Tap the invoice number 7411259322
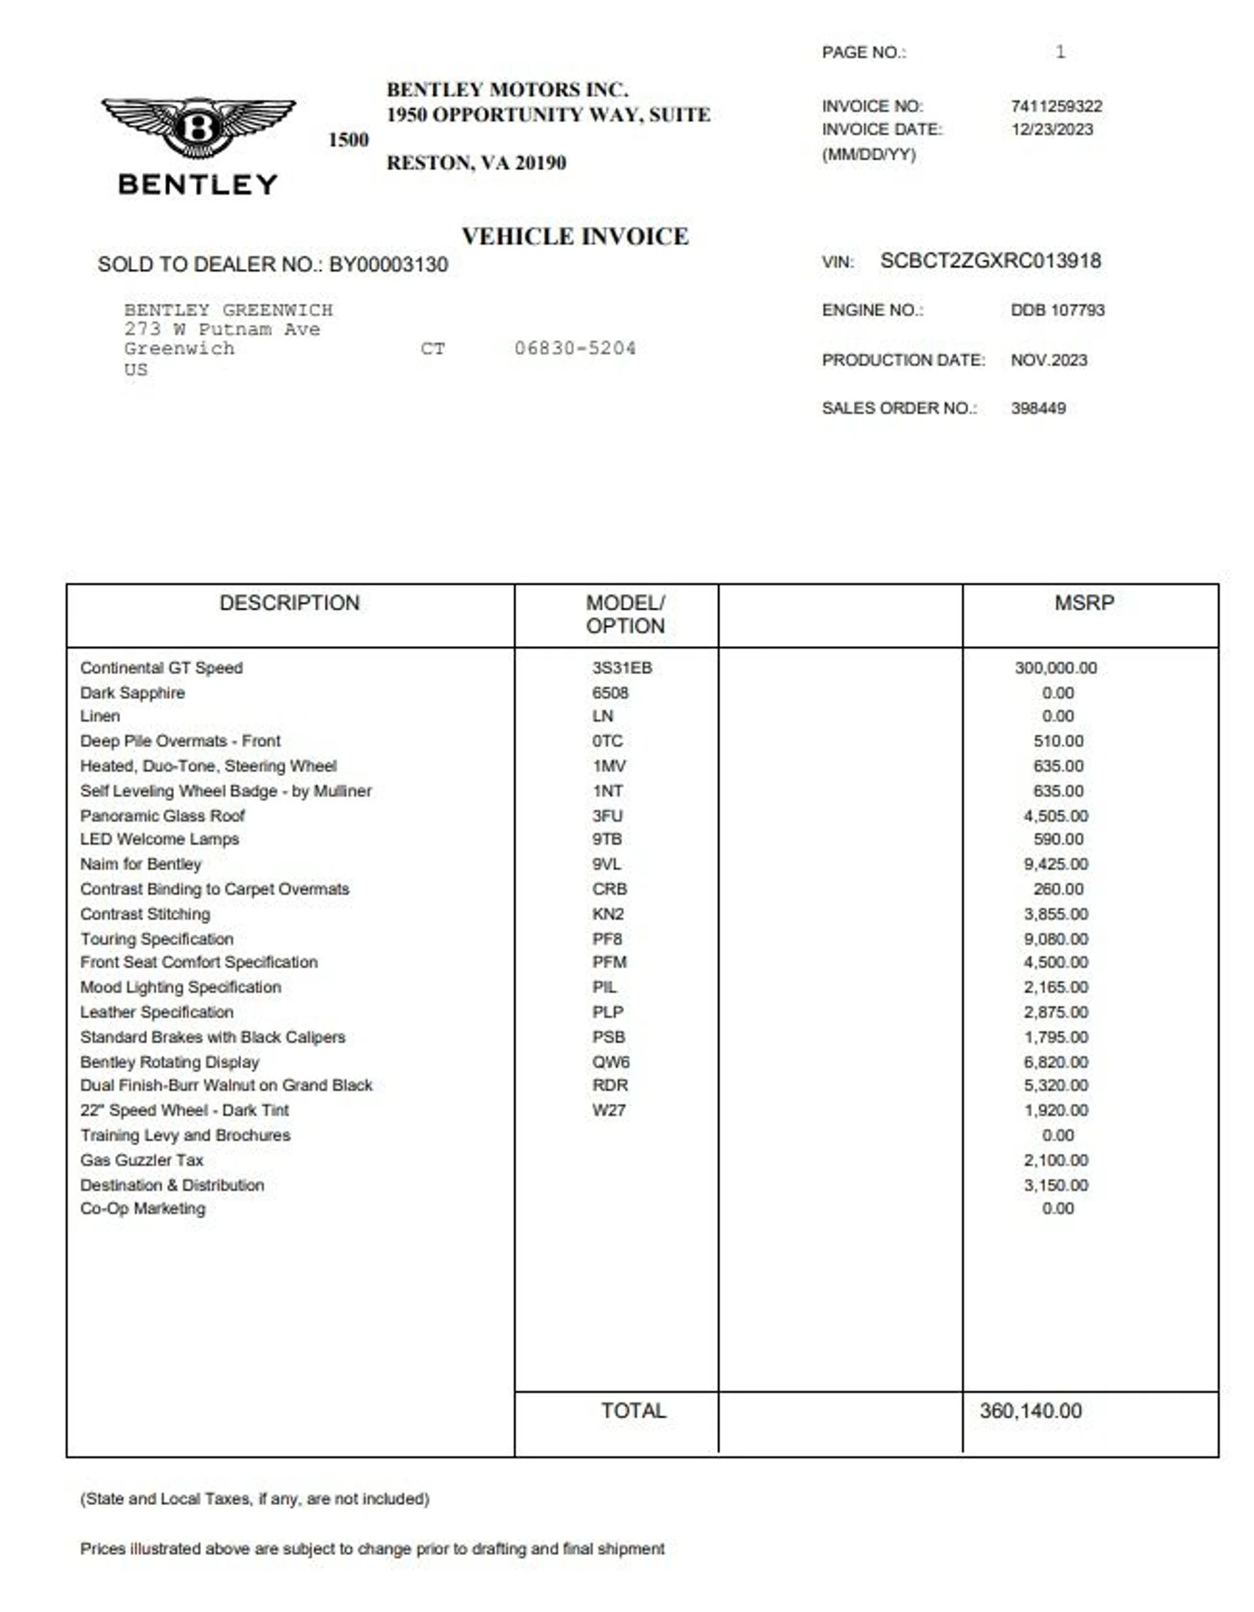click(1056, 106)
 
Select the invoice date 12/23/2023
click(1052, 130)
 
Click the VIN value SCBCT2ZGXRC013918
click(989, 261)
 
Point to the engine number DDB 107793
click(1057, 311)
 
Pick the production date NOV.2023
click(1049, 360)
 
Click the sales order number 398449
click(1038, 408)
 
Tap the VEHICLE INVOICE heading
click(575, 237)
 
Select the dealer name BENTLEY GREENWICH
click(228, 310)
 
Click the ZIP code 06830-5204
click(575, 348)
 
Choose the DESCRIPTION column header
click(289, 603)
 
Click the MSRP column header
click(1084, 603)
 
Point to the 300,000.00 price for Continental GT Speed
click(1055, 668)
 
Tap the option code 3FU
click(607, 816)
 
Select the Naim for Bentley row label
click(141, 864)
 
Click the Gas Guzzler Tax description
click(142, 1160)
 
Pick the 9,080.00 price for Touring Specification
click(1055, 939)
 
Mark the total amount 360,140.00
click(1031, 1411)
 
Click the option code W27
click(609, 1110)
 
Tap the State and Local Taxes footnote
click(255, 1499)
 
